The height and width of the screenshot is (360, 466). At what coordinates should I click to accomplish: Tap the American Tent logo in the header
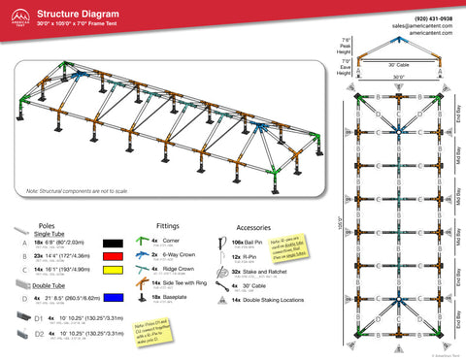(17, 16)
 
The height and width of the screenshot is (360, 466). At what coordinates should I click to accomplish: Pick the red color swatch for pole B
(113, 258)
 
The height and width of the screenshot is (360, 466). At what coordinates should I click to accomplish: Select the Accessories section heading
(253, 224)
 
